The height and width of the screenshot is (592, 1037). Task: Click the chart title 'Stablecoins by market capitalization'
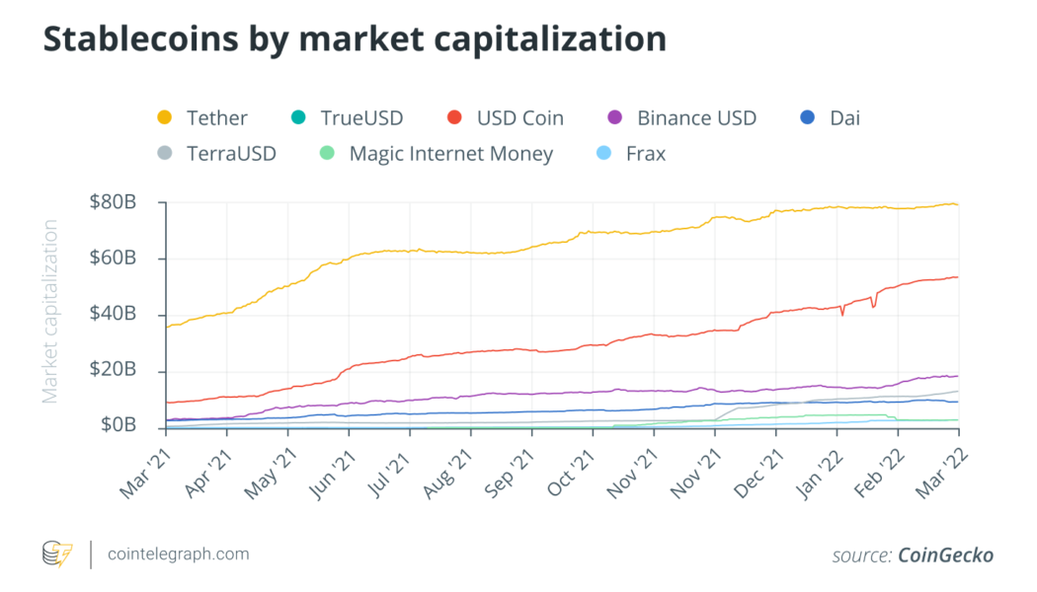coord(354,39)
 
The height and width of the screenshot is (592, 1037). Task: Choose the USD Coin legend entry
coord(519,118)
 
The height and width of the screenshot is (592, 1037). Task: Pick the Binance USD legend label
coord(696,118)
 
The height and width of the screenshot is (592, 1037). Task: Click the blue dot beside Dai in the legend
coord(807,118)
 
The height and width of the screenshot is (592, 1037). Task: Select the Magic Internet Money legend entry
coord(450,154)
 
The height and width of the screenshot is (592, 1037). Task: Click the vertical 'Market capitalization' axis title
coord(50,311)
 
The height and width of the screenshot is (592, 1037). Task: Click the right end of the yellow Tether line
coord(957,204)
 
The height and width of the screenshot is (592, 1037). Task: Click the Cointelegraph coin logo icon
coord(57,555)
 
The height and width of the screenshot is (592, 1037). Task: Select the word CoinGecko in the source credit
coord(945,555)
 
